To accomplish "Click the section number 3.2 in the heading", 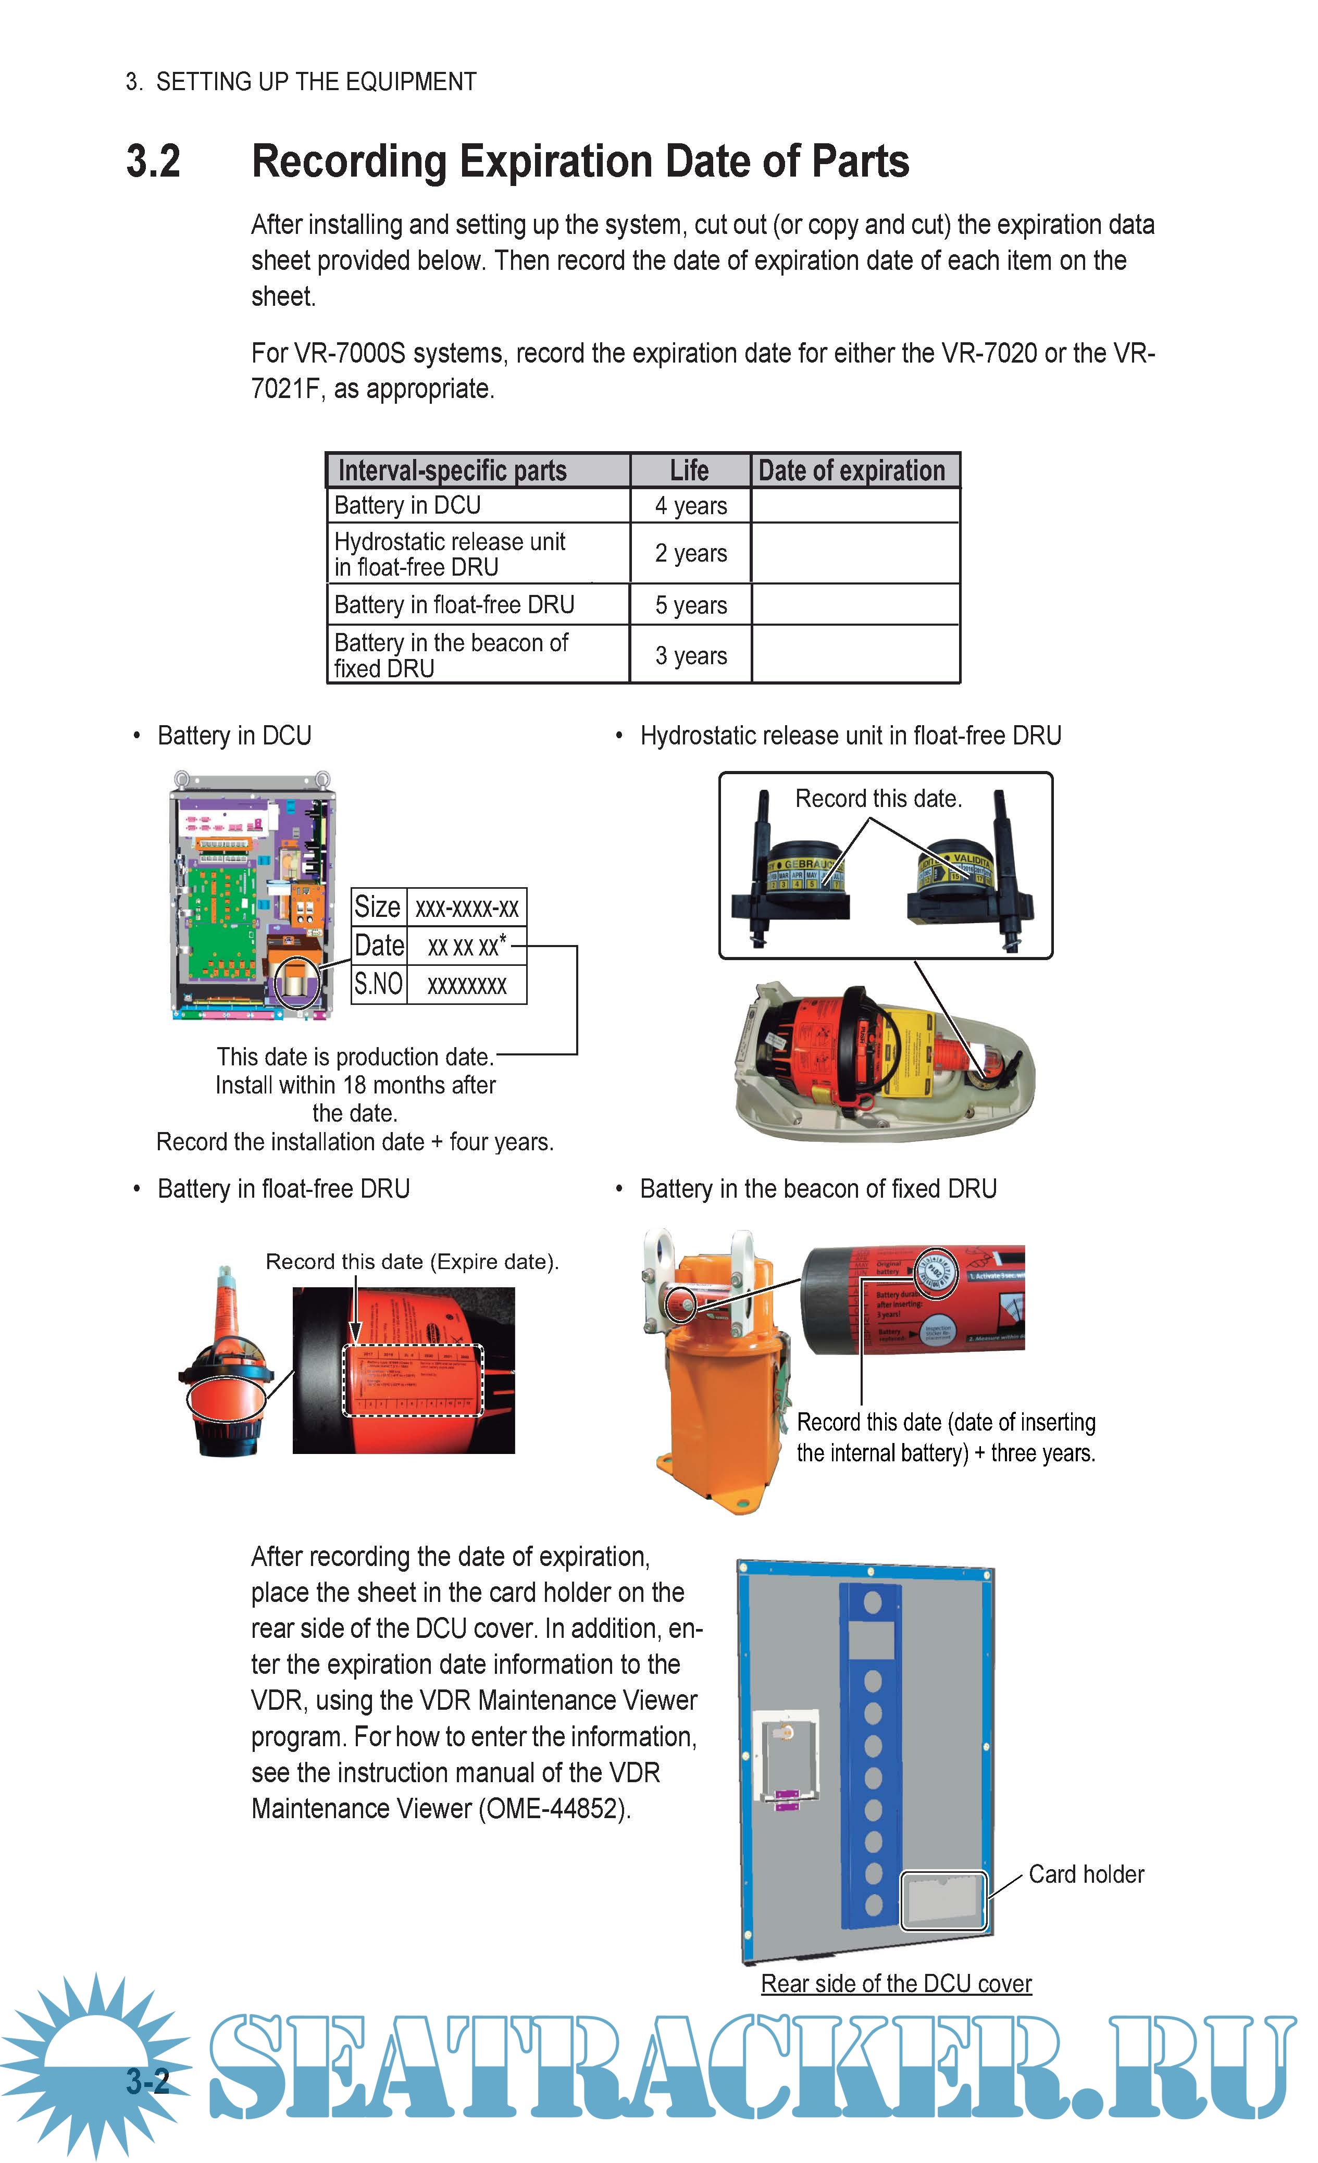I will coord(154,161).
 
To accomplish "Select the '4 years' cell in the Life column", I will coord(690,506).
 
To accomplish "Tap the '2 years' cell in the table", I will coord(690,553).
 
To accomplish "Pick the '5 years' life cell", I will coord(690,605).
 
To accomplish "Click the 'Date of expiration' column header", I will coord(852,470).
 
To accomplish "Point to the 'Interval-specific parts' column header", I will coord(452,470).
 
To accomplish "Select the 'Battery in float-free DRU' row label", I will coord(454,605).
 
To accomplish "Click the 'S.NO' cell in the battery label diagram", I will coord(378,984).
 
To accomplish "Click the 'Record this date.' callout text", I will coord(878,798).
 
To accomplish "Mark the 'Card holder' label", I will coord(1086,1874).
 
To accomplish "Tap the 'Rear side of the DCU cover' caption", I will coord(896,1983).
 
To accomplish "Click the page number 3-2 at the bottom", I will coord(147,2081).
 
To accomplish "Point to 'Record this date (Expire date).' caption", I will coord(412,1261).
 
